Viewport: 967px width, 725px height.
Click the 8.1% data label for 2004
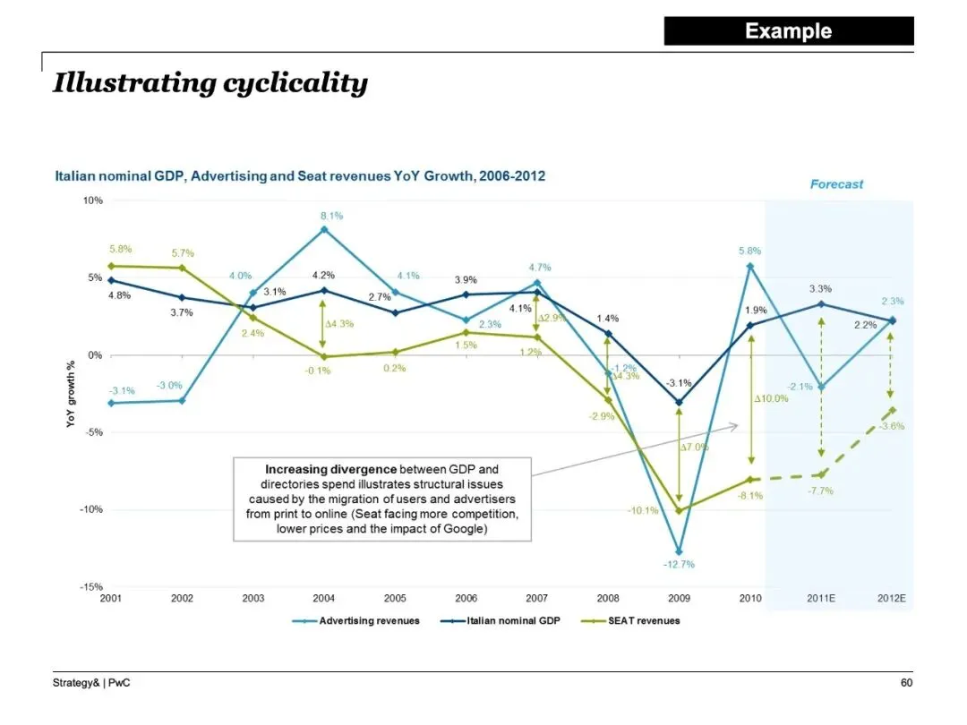click(x=331, y=216)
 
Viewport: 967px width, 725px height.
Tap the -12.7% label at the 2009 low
click(x=679, y=564)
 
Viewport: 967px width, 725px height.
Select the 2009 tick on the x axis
click(x=679, y=597)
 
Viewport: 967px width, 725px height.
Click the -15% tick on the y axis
click(x=92, y=587)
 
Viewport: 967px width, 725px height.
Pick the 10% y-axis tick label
click(x=93, y=200)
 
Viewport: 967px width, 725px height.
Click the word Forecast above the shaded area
click(x=836, y=184)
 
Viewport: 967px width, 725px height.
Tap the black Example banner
click(x=788, y=31)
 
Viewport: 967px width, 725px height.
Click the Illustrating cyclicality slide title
click(x=210, y=83)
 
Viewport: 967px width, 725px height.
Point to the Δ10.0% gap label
click(x=771, y=398)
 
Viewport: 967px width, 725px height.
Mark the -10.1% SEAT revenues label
click(x=643, y=511)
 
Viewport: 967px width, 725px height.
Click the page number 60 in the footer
click(x=906, y=684)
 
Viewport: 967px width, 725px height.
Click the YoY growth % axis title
click(x=71, y=394)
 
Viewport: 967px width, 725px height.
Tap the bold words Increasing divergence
click(x=330, y=469)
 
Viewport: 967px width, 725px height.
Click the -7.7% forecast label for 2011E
click(x=820, y=490)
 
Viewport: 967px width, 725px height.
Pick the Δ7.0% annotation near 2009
click(x=694, y=447)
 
